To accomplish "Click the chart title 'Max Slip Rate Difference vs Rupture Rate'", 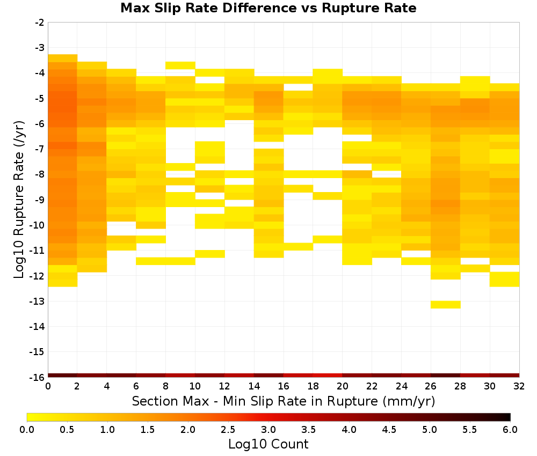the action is (268, 8).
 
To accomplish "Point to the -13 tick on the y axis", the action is (37, 301).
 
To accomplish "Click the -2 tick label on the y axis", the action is (40, 23).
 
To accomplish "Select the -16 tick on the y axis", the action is (37, 377).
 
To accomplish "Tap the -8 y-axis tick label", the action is (40, 174).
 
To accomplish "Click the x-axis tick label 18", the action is (313, 386).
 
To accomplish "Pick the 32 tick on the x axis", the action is (519, 386).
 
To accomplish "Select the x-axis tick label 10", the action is (195, 386).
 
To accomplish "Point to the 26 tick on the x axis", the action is (431, 386).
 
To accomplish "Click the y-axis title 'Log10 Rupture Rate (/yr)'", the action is (19, 200).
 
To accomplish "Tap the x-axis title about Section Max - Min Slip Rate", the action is (284, 401).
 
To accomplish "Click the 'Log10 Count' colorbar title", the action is (268, 444).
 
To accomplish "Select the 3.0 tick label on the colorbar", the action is (268, 429).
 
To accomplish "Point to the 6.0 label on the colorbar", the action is (510, 429).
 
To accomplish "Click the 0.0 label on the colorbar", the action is (27, 429).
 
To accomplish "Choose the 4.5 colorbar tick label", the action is (389, 429).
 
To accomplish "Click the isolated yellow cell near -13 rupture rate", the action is (445, 305).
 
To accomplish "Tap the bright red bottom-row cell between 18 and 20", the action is (328, 376).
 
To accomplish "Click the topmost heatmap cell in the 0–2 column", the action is (63, 58).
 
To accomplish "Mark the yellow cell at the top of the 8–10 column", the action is (180, 65).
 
